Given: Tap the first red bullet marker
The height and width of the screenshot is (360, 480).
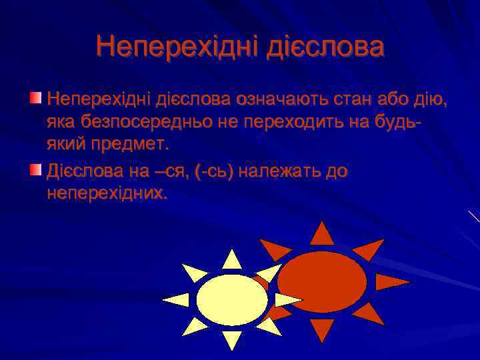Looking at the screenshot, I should [36, 99].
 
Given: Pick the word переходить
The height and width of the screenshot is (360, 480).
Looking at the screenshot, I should [320, 123].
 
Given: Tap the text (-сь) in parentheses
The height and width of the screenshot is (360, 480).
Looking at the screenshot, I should [213, 171].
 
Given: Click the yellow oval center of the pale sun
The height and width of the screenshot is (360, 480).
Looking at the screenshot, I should [232, 299].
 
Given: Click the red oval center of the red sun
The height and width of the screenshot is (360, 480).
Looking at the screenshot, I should [322, 281].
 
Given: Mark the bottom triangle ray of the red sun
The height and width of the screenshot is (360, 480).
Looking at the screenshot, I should [322, 329].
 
